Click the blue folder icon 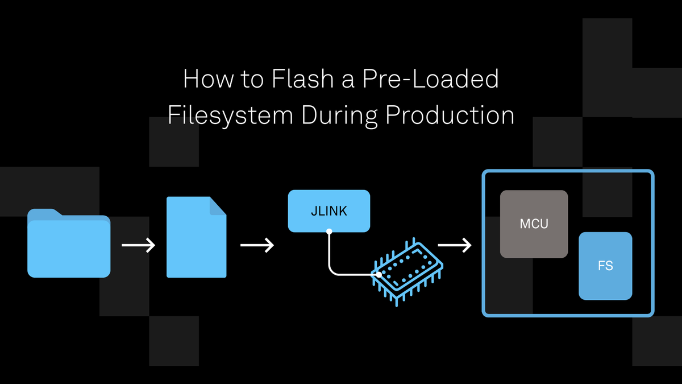pos(69,245)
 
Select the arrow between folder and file pos(138,245)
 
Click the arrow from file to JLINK pos(257,245)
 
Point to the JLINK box pos(329,211)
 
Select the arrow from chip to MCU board pos(455,245)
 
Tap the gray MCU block pos(534,224)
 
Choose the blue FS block pos(605,266)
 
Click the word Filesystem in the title pos(230,115)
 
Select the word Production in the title pos(450,115)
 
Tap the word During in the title pos(339,115)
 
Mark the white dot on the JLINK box pos(329,232)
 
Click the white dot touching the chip pos(377,275)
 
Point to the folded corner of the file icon pos(218,205)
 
